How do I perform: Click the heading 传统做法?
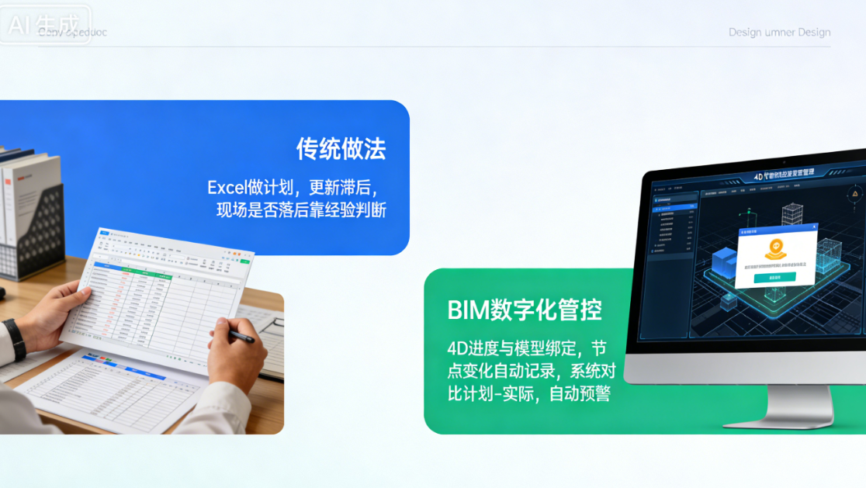click(341, 148)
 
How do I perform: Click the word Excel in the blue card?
click(226, 188)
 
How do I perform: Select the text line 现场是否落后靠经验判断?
click(301, 210)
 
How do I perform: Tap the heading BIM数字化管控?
click(525, 310)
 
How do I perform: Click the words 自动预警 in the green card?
click(580, 394)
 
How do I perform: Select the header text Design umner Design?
click(779, 33)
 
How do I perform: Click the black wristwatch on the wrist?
click(14, 339)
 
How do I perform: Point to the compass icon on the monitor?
click(856, 194)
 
